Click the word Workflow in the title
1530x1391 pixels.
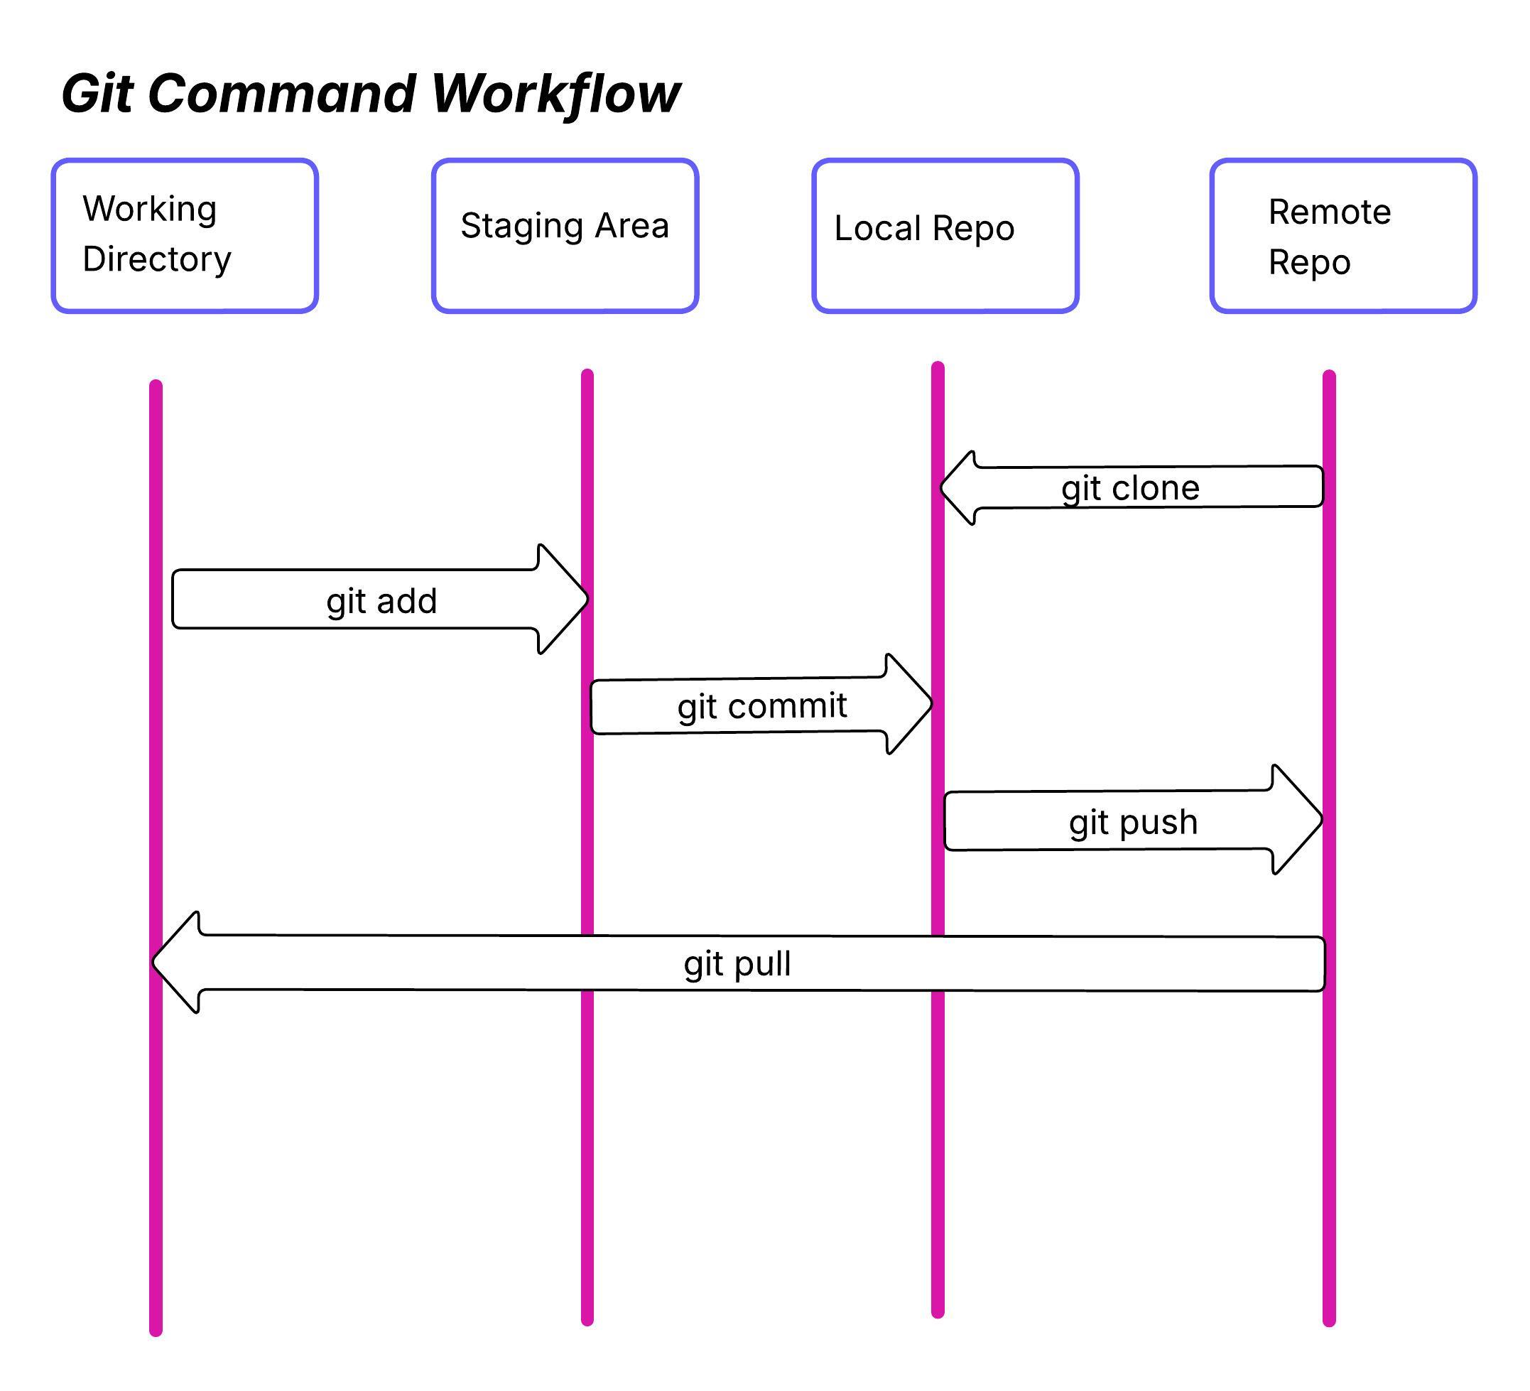555,94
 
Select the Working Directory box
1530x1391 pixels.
185,235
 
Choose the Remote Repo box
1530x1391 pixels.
1342,235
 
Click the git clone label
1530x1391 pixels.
1130,488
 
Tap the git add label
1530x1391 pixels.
381,601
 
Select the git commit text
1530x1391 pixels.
762,706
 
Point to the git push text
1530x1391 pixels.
1133,822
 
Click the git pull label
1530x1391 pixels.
737,964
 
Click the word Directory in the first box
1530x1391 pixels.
156,259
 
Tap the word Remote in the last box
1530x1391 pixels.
1330,212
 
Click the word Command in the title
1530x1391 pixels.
281,94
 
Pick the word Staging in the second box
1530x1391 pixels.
510,226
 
